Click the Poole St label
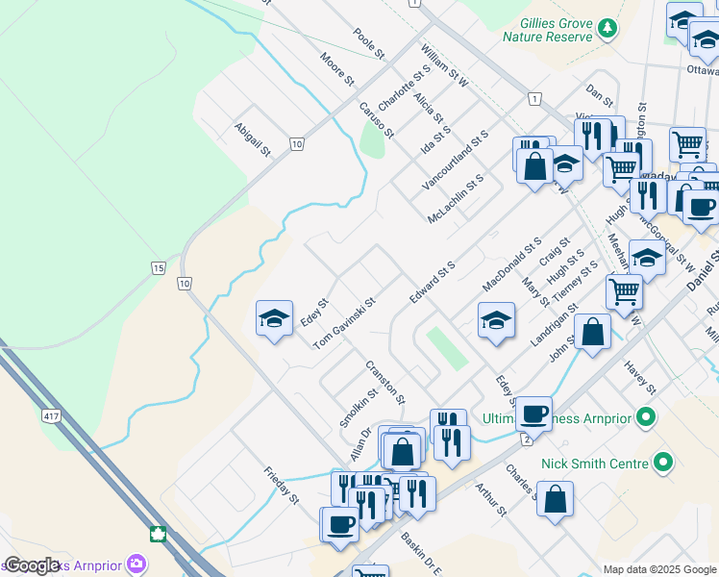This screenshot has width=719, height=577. (368, 41)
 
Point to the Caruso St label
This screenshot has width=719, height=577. (376, 119)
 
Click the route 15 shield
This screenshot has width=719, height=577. (157, 268)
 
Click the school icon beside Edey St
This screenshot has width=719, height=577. (274, 319)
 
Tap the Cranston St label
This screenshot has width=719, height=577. (385, 382)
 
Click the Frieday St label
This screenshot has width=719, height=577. (283, 486)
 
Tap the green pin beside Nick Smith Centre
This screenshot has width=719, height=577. (662, 464)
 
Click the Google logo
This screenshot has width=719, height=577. (32, 566)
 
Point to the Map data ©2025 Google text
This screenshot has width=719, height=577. (659, 569)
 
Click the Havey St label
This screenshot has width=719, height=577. (639, 377)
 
